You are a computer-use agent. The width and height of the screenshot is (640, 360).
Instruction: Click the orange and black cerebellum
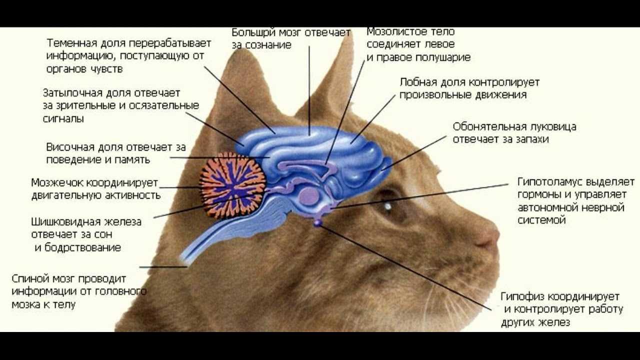pos(233,185)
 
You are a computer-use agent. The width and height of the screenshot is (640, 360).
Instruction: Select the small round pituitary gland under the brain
pos(317,222)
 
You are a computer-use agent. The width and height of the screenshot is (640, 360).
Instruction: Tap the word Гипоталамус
pos(549,182)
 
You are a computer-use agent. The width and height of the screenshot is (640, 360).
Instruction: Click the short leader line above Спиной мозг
pos(163,267)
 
